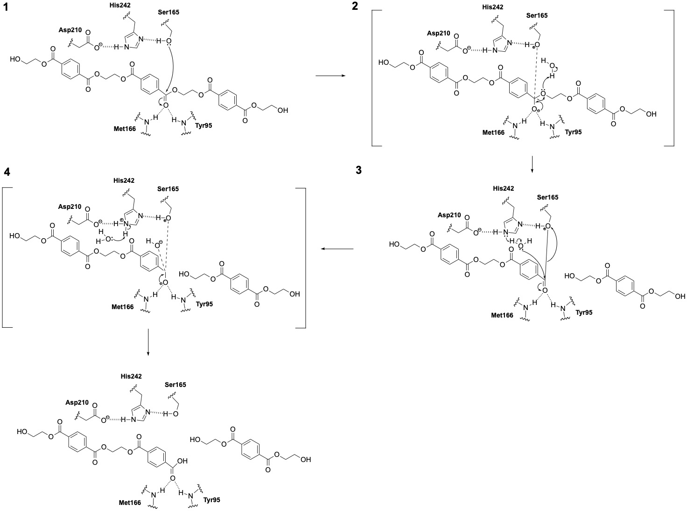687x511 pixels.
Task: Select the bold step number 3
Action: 358,170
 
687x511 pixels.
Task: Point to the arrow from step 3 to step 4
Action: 336,249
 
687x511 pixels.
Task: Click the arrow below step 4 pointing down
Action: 148,343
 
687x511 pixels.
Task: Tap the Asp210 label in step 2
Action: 439,33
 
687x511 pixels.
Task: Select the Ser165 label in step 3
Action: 547,197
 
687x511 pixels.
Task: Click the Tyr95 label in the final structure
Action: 212,500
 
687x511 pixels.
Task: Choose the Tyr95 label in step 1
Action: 201,125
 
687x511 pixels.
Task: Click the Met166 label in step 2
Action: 493,132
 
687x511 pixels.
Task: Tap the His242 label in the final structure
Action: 131,376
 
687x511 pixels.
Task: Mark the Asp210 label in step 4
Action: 70,206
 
